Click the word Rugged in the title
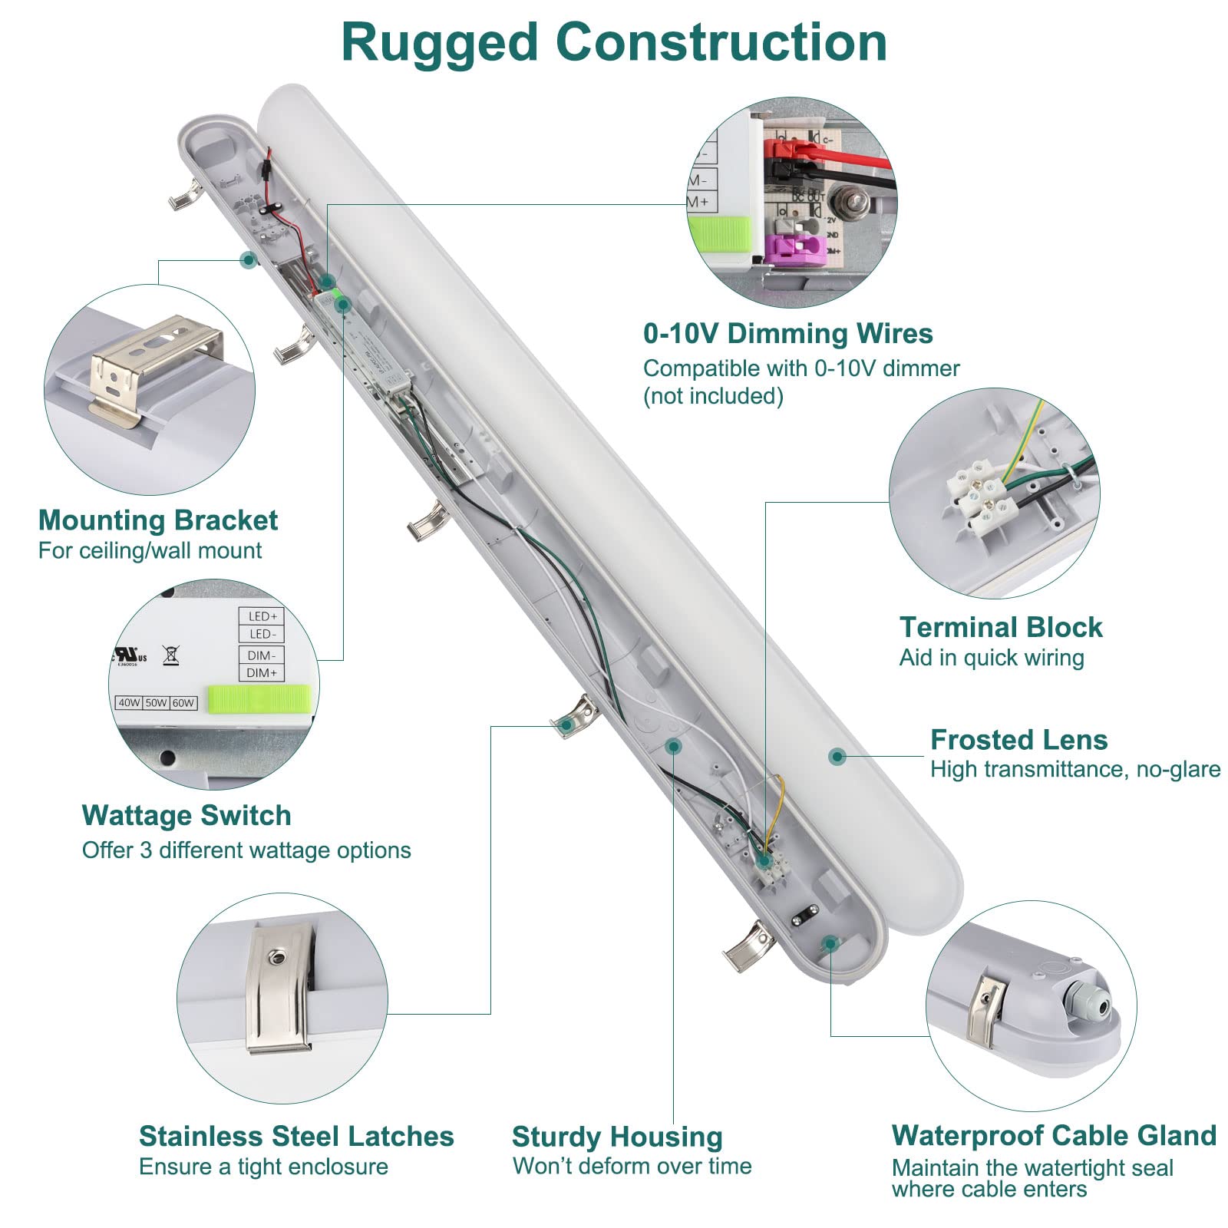[x=440, y=44]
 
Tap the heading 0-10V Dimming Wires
[x=787, y=334]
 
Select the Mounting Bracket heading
[x=157, y=520]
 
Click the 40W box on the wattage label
[x=129, y=702]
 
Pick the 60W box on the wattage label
[x=183, y=702]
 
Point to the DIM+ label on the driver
[x=262, y=673]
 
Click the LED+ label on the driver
[x=262, y=616]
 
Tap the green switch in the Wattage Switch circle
[x=261, y=698]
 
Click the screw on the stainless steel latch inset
[x=274, y=957]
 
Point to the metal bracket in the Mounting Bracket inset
[x=153, y=361]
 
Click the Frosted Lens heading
[x=1018, y=740]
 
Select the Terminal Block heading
[x=1000, y=628]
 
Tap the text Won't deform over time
[x=632, y=1166]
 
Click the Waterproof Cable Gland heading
[x=1053, y=1135]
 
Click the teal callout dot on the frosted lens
[x=837, y=757]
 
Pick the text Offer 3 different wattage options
[x=246, y=850]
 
